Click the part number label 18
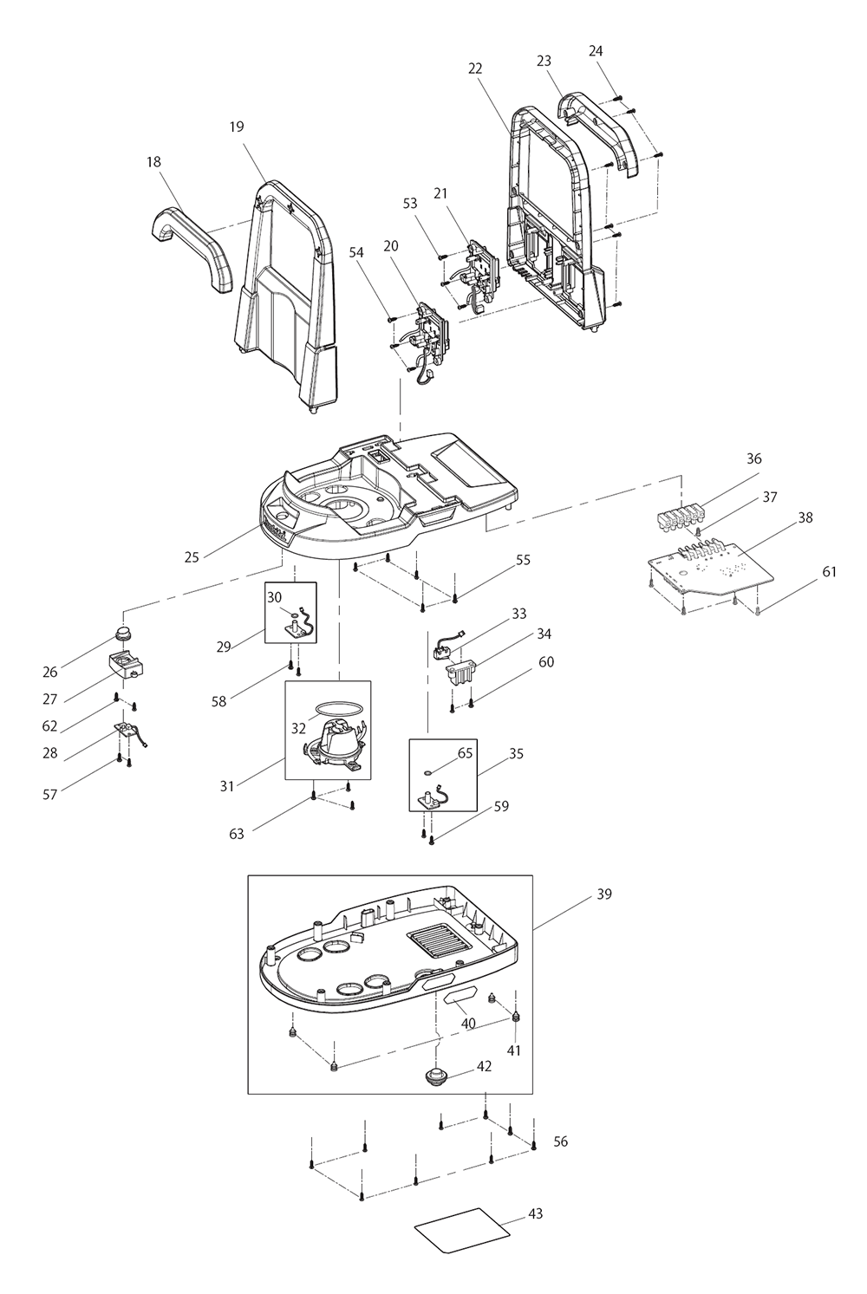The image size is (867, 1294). [153, 162]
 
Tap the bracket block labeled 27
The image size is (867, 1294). [127, 667]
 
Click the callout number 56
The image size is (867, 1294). [560, 1141]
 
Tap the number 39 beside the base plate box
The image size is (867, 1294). [603, 894]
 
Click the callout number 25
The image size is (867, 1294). [192, 556]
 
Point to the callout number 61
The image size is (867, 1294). [830, 571]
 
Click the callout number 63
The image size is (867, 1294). [237, 834]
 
